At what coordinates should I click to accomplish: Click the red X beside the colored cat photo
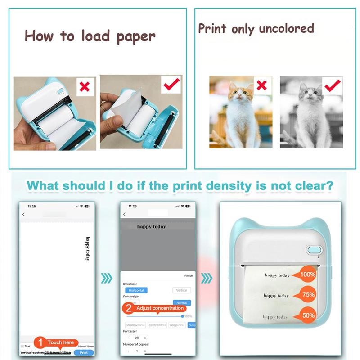click(261, 85)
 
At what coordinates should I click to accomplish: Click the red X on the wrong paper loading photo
click(84, 87)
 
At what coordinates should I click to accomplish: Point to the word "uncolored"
click(285, 28)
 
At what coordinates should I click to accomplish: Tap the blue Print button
click(84, 353)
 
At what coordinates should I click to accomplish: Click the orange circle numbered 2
click(129, 308)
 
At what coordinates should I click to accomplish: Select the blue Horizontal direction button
click(136, 290)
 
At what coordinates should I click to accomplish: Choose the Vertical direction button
click(182, 290)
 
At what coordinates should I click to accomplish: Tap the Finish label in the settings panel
click(188, 275)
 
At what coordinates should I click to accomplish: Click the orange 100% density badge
click(308, 274)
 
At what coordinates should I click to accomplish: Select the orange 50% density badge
click(308, 316)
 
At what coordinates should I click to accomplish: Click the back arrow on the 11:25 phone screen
click(24, 214)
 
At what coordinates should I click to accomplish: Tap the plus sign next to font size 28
click(145, 337)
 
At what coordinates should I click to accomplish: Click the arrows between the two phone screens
click(107, 278)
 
